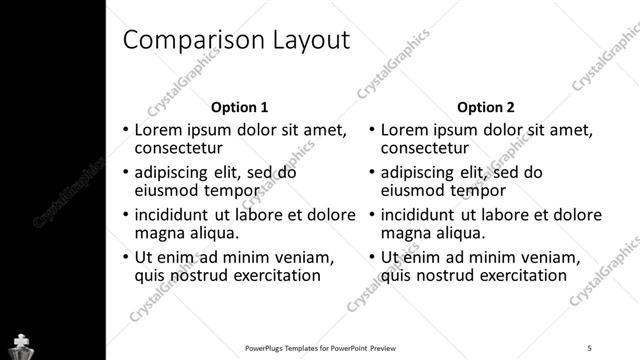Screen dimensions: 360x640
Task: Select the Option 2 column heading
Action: (485, 107)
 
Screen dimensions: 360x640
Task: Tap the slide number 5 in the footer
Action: (590, 348)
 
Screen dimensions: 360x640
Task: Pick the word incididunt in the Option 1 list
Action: (172, 214)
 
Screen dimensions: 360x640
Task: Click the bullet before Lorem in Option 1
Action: (125, 130)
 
